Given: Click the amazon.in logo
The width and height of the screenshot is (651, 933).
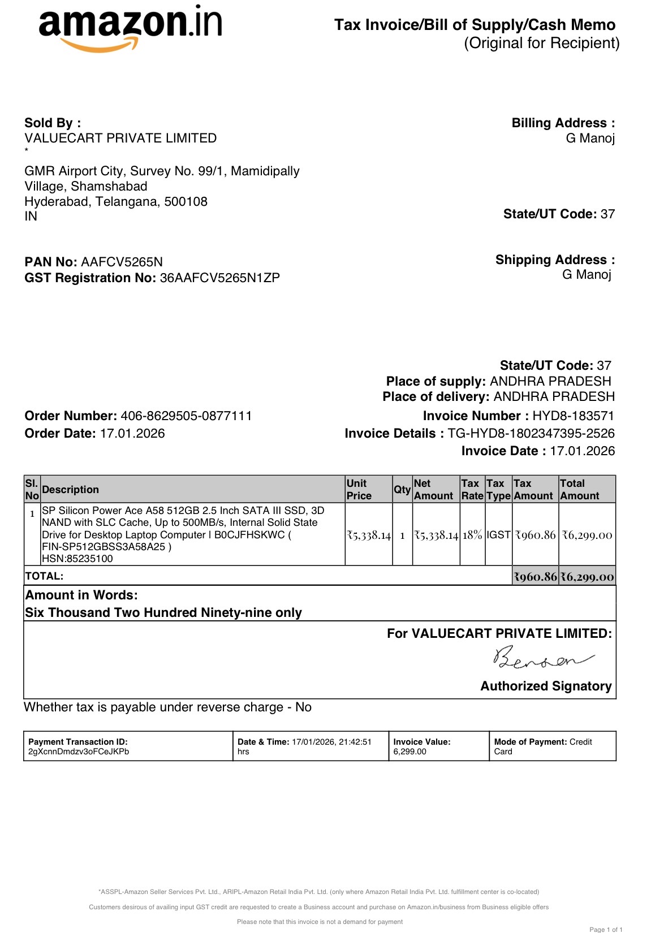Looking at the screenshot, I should click(130, 28).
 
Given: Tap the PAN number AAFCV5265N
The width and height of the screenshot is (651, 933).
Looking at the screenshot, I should click(122, 262).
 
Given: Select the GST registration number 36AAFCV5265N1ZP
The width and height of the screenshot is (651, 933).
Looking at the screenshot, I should click(219, 278).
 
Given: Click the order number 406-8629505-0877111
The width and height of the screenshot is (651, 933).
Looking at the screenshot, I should click(186, 416).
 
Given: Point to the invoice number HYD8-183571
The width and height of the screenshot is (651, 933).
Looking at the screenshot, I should click(573, 416).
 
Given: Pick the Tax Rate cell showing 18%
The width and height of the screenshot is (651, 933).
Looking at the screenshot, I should click(472, 535).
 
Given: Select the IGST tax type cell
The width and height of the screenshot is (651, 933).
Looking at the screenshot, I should click(498, 535).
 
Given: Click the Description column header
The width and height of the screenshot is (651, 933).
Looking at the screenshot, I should click(70, 490).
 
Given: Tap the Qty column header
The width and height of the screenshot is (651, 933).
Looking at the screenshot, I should click(402, 490).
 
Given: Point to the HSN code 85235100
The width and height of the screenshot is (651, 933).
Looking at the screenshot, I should click(77, 559).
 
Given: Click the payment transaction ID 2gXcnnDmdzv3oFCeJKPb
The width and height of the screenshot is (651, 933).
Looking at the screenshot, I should click(79, 751).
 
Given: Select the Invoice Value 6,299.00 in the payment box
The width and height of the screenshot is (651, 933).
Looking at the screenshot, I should click(409, 751).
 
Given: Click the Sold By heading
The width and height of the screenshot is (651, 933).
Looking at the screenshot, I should click(53, 123).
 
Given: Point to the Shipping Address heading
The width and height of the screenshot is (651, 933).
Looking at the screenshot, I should click(555, 260).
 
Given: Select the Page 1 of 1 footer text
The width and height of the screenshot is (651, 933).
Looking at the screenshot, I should click(606, 929).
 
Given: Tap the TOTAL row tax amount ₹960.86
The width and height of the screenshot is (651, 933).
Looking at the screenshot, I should click(535, 577).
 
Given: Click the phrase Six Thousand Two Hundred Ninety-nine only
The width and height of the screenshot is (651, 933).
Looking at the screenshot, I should click(163, 612).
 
